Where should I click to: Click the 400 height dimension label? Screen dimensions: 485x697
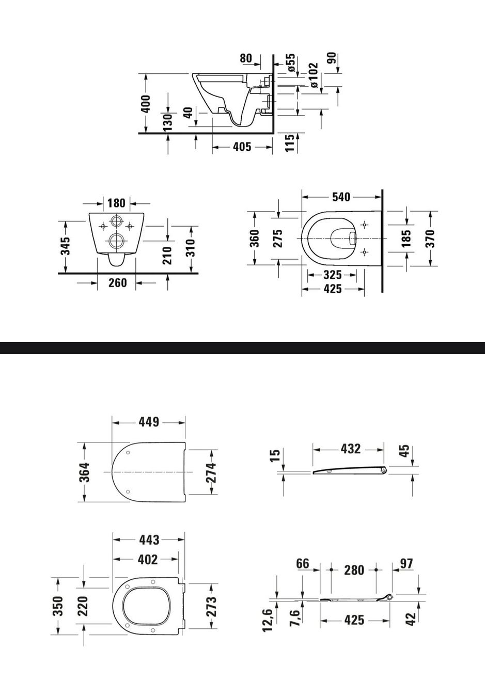click(146, 104)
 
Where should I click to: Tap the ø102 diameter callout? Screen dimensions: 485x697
click(314, 75)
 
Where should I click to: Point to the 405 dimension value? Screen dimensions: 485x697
click(242, 146)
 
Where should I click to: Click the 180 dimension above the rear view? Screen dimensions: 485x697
click(116, 203)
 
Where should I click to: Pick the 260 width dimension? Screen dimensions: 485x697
click(117, 282)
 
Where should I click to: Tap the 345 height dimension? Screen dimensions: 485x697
click(66, 246)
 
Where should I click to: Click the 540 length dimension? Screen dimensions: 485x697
click(341, 197)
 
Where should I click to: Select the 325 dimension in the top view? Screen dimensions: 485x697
click(332, 275)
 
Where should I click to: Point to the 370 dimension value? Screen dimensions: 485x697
click(430, 239)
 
